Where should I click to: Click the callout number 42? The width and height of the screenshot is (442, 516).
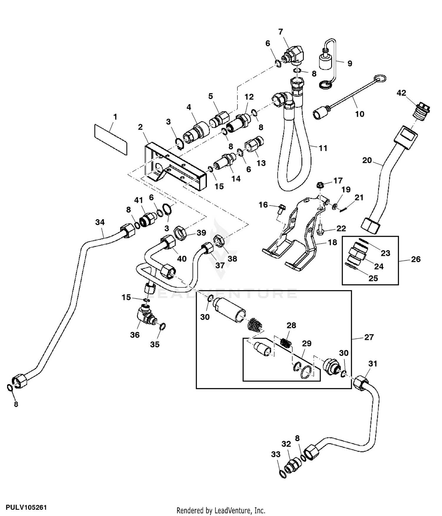click(401, 93)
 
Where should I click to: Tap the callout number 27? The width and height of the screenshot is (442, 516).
click(369, 337)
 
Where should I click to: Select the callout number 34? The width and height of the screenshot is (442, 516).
click(100, 222)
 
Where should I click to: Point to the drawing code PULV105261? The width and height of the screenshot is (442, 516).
click(24, 507)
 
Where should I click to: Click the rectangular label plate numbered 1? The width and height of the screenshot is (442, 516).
click(111, 139)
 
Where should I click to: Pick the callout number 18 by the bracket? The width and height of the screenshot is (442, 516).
click(332, 242)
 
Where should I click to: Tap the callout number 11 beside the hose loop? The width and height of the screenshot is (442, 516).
click(323, 148)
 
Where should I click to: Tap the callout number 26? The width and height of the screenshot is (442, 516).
click(415, 259)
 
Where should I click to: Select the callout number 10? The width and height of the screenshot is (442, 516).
click(359, 114)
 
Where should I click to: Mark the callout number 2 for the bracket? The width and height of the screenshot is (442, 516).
click(140, 127)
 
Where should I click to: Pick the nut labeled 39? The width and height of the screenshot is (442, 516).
click(181, 233)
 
